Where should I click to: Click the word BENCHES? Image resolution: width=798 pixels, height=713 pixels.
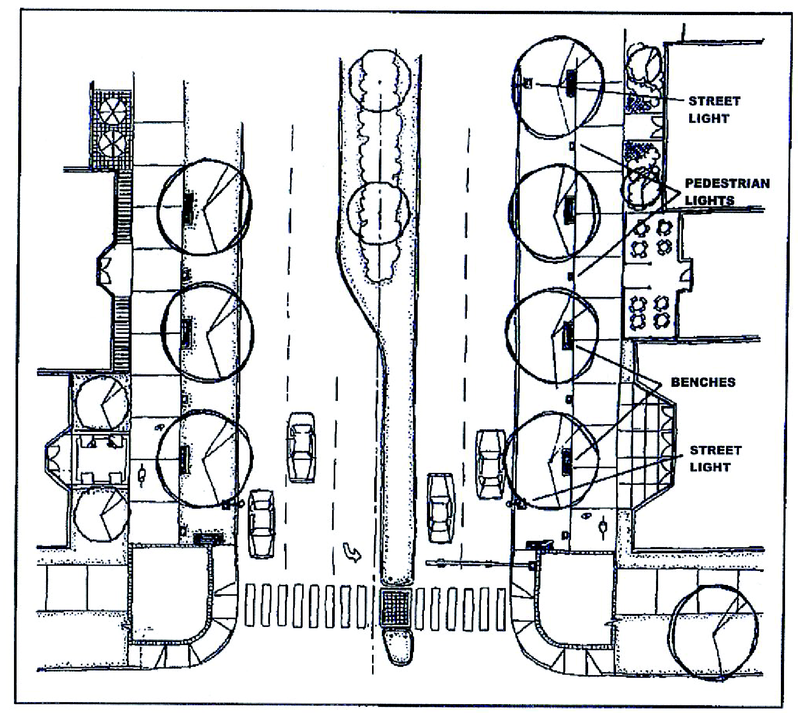[703, 382]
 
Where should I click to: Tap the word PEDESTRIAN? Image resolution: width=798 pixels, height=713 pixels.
[727, 183]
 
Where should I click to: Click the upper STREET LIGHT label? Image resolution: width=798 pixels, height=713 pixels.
[714, 109]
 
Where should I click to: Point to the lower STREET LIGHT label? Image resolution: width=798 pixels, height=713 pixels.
[715, 458]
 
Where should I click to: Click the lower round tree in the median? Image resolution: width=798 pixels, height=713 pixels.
[379, 213]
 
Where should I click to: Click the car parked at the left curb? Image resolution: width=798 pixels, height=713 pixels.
[262, 523]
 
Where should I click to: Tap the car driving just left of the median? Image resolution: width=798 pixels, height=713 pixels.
[302, 447]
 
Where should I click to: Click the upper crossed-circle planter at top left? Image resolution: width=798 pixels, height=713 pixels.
[112, 110]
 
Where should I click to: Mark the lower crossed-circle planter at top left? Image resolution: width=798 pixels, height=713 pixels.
[112, 143]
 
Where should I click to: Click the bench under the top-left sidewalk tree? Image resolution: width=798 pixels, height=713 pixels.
[187, 208]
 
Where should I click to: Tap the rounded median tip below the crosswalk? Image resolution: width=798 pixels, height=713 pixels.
[397, 647]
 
